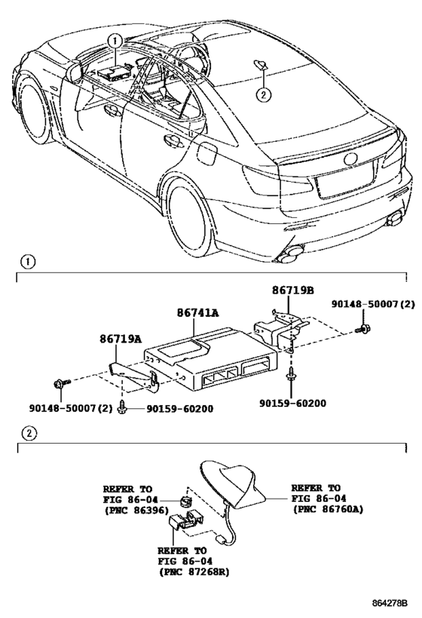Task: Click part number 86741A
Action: (197, 312)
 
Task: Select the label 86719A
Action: (121, 338)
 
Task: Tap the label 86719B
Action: (293, 290)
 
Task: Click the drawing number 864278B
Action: (390, 603)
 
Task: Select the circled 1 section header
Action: (28, 262)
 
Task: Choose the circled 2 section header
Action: (28, 434)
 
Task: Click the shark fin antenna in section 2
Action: (233, 484)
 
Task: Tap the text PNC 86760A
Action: (329, 509)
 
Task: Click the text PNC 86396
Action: (136, 510)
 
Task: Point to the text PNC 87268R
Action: (194, 571)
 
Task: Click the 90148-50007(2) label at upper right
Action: (373, 304)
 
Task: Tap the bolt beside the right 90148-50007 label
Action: (363, 328)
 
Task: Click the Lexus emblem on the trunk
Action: (350, 158)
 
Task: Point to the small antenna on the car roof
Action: (261, 64)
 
